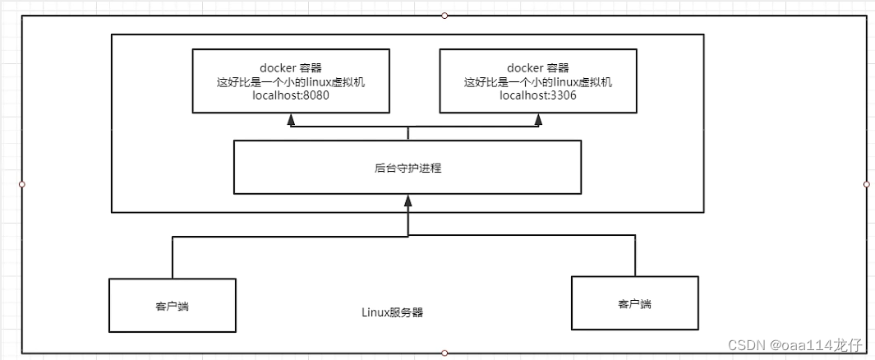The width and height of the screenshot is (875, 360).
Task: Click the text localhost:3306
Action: click(538, 96)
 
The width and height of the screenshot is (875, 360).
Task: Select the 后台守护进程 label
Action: click(408, 168)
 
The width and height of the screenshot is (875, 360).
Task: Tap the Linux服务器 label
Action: click(393, 312)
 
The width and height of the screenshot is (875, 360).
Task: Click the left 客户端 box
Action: click(173, 305)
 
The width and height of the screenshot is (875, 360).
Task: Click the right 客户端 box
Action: click(634, 303)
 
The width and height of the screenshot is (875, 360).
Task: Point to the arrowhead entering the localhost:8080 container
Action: click(291, 120)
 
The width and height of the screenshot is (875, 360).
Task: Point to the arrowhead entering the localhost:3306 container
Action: click(538, 120)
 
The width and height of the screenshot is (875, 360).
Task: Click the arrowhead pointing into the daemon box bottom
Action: click(408, 200)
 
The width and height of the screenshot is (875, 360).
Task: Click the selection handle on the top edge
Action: click(444, 15)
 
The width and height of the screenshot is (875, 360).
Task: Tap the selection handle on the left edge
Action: click(22, 184)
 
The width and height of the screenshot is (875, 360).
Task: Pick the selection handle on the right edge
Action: click(867, 184)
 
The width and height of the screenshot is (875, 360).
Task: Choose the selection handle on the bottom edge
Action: click(444, 353)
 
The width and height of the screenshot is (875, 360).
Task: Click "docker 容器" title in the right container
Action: click(538, 67)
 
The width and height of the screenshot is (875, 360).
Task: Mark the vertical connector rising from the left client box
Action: click(173, 257)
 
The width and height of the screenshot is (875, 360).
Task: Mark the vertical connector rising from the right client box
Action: click(634, 256)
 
